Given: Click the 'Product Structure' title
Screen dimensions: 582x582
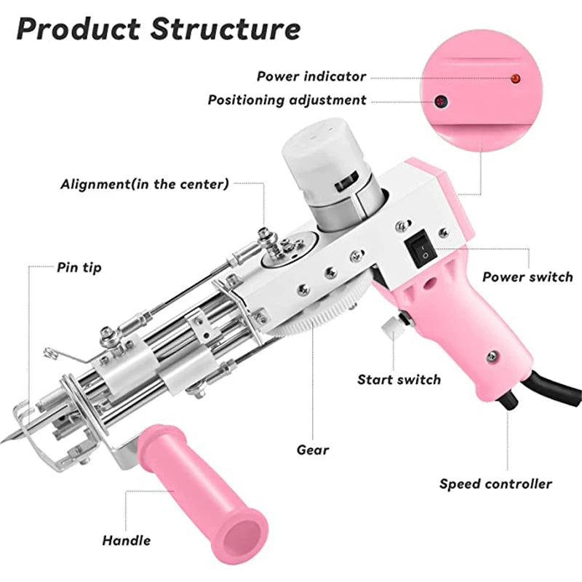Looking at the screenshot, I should click(158, 29).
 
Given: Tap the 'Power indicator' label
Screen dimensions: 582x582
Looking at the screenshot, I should click(311, 76).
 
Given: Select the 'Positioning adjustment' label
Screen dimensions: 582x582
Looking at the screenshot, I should click(287, 100).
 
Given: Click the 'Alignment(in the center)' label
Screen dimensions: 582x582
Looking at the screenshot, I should click(144, 184).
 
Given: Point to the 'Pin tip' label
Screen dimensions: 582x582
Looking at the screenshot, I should click(79, 268).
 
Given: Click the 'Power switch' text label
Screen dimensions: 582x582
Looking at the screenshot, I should click(527, 277).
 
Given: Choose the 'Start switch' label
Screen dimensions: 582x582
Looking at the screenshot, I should click(399, 379).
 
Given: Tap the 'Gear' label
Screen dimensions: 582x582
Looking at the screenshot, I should click(313, 450).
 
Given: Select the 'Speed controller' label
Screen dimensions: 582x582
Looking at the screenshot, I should click(495, 484).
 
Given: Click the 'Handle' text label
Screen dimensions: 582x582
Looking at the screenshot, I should click(127, 540).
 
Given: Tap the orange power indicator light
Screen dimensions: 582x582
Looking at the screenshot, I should click(516, 77).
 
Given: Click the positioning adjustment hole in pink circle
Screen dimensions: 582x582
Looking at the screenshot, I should click(439, 101).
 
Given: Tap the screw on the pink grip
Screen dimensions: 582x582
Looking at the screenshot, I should click(493, 356).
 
